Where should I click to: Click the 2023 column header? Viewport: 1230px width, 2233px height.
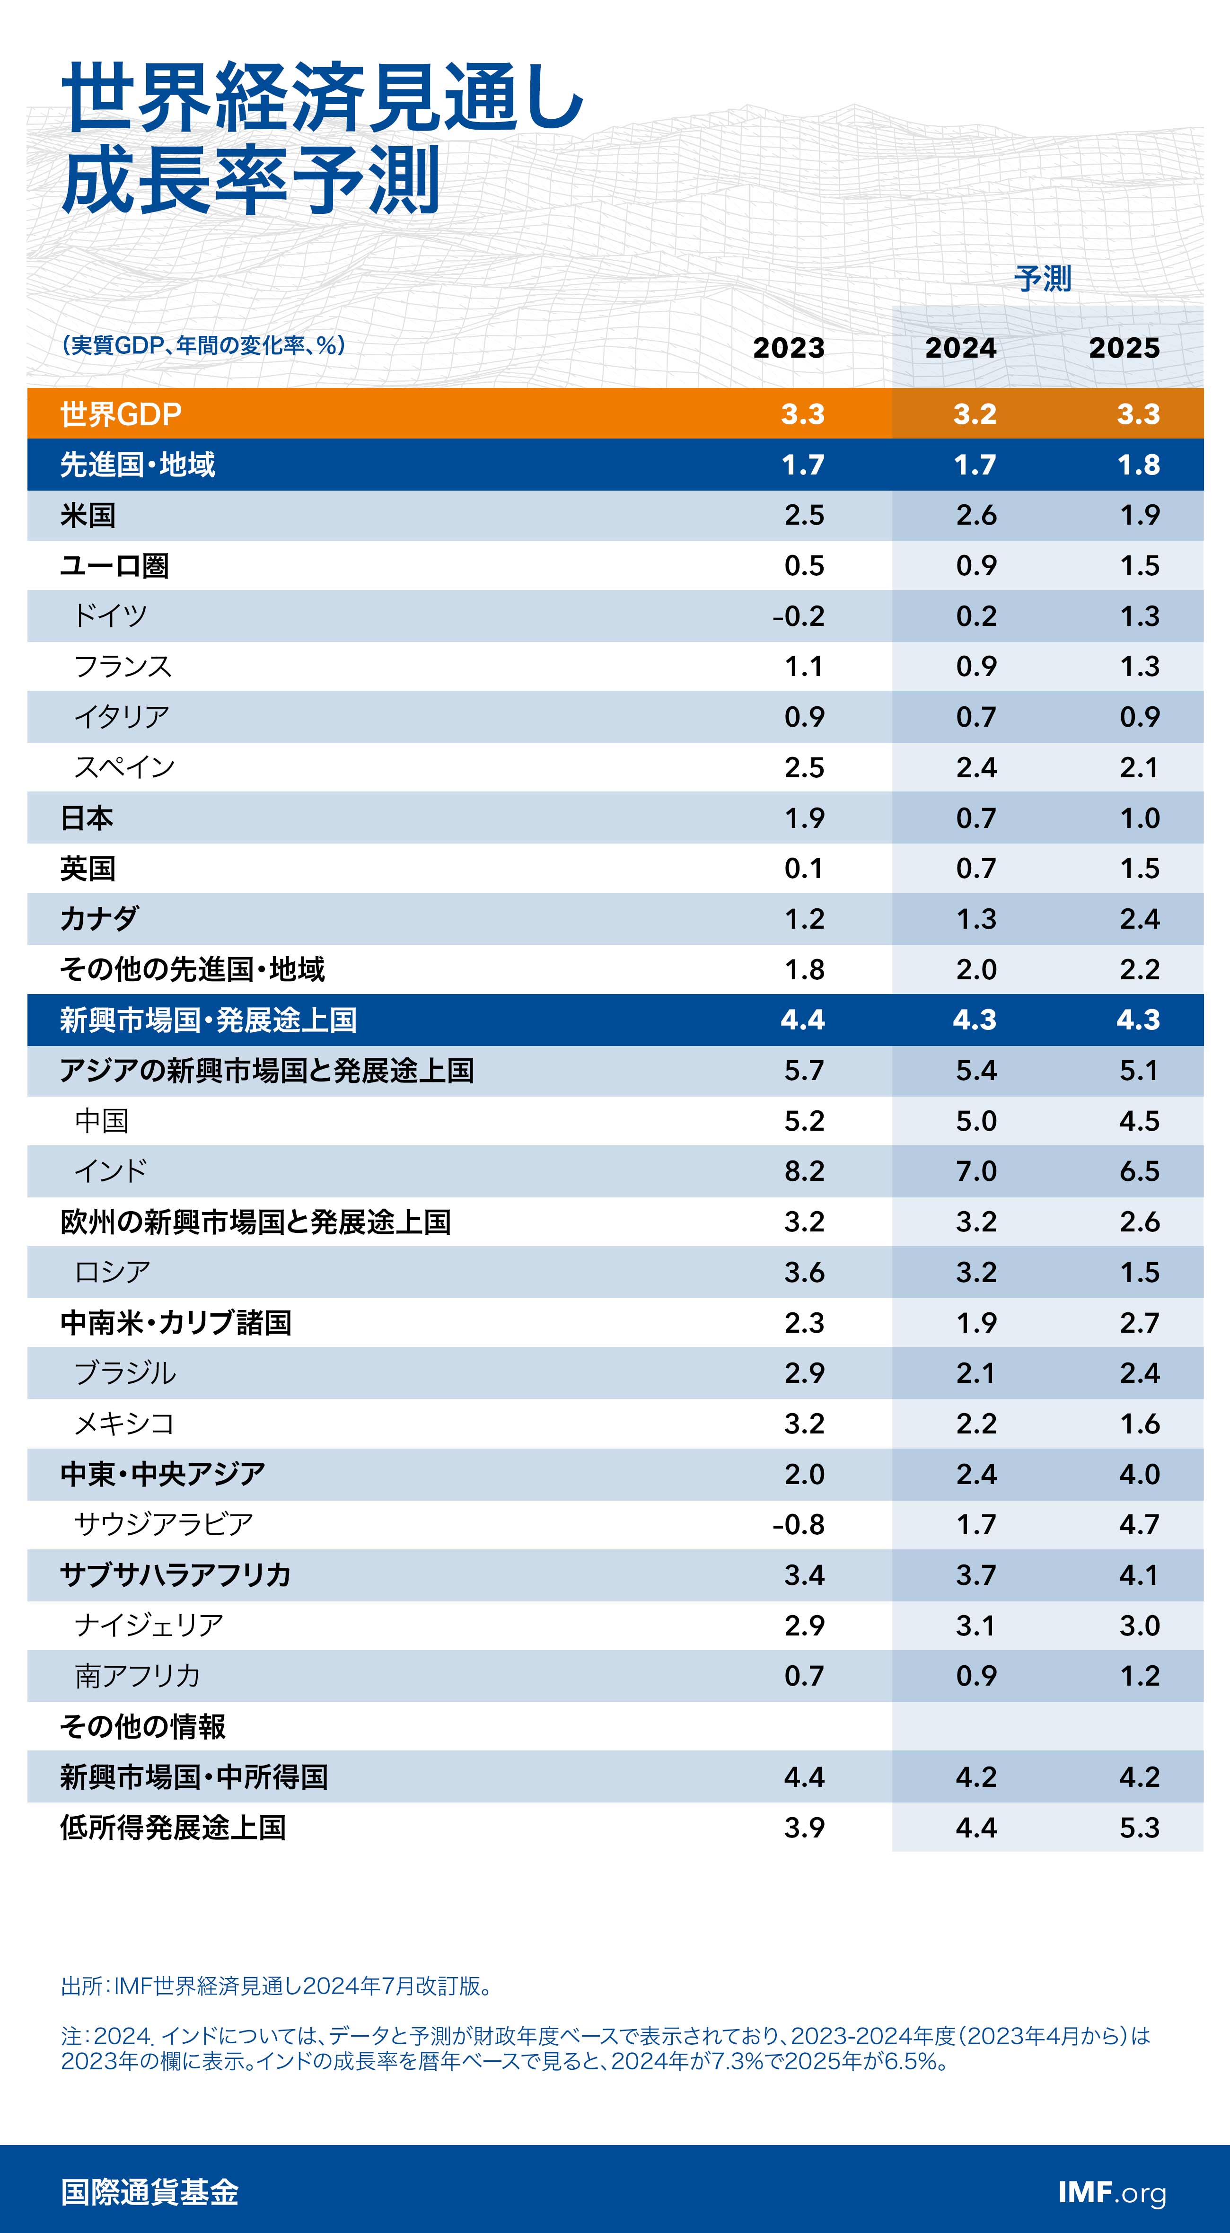788,348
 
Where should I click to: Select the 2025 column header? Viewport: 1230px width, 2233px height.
1124,348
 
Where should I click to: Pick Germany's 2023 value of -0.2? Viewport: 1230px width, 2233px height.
799,616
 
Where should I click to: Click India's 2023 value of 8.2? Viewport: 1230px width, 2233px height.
804,1171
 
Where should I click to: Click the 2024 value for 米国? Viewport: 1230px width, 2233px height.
976,515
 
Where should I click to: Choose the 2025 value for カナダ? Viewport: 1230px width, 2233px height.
1139,919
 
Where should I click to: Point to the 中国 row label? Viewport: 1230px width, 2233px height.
101,1121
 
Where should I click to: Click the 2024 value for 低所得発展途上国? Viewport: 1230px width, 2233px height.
976,1827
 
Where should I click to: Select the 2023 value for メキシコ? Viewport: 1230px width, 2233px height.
804,1424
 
